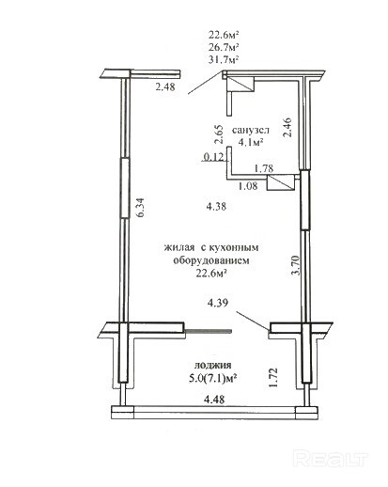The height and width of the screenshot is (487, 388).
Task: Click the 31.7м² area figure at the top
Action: (x=224, y=59)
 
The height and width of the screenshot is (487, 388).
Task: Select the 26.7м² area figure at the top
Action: (x=224, y=47)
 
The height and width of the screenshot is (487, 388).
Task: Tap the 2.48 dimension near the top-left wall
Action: (x=165, y=86)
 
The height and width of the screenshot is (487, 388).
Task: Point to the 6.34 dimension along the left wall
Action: (x=140, y=207)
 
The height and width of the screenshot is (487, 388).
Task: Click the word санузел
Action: (x=251, y=130)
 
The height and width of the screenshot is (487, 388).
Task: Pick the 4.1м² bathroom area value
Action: (x=251, y=142)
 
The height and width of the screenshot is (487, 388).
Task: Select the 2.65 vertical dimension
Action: (x=219, y=134)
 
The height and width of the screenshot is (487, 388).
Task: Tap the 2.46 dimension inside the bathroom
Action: (x=287, y=127)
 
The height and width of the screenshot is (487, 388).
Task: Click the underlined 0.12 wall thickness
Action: (x=214, y=157)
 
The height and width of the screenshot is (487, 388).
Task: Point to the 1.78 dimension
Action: (x=263, y=168)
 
